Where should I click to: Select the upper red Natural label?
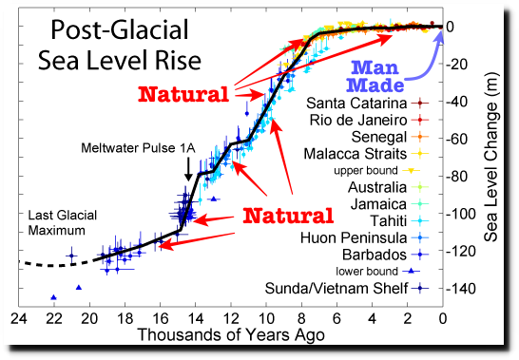point(183,95)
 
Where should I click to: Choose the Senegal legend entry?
point(378,137)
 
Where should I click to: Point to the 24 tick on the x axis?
point(18,318)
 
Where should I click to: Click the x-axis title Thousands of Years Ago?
point(231,335)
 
